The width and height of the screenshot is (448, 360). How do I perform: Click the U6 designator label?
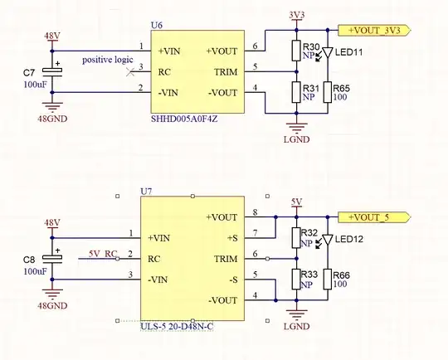157,27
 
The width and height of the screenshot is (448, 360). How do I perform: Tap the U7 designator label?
147,192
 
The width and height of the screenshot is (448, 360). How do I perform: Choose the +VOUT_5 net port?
376,216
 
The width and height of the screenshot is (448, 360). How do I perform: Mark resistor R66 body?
329,277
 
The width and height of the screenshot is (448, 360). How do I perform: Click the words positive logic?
108,60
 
